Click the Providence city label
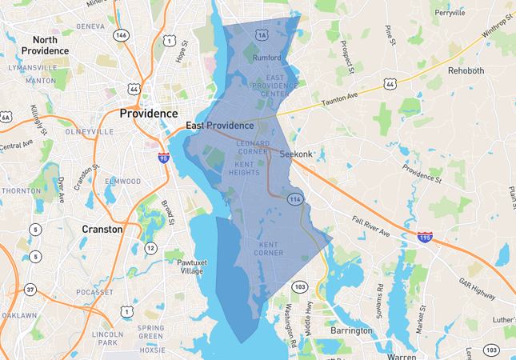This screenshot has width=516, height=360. tap(149, 114)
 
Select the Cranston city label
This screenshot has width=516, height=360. tap(102, 229)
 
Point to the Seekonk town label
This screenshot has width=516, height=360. tap(296, 154)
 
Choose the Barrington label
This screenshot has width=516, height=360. tap(351, 330)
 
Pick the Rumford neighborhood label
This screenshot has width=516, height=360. tap(266, 58)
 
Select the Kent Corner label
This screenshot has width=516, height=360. tap(270, 248)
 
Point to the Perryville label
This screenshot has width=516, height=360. tap(450, 13)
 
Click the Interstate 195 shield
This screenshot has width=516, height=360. tap(426, 238)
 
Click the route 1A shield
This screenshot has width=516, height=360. tap(262, 35)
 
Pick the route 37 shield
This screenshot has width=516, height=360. tap(30, 290)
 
